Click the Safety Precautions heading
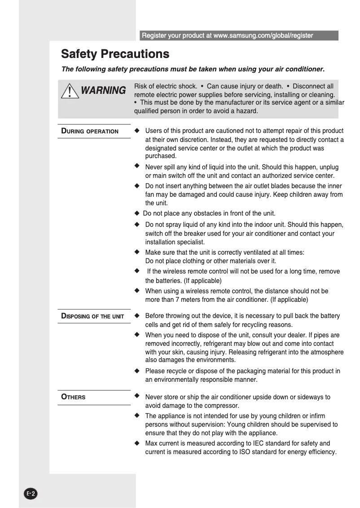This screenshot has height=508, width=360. [115, 54]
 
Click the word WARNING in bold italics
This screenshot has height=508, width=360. [103, 91]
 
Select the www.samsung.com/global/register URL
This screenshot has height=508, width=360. [263, 35]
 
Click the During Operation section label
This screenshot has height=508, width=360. [90, 131]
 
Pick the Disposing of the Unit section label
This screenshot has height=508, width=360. [92, 316]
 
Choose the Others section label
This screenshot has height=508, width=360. [73, 397]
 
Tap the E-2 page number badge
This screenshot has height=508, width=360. [31, 494]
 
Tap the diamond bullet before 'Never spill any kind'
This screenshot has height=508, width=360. [137, 166]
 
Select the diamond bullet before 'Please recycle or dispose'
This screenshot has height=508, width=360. [137, 371]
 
